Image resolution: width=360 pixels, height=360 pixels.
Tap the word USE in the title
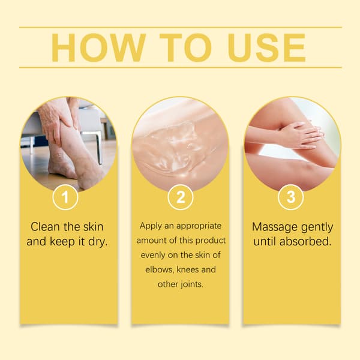[266, 47]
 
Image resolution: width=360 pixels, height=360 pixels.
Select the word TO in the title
[186, 47]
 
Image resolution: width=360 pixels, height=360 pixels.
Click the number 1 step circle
[65, 197]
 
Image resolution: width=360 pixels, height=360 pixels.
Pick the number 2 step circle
[180, 197]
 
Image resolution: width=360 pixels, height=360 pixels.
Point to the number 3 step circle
[290, 197]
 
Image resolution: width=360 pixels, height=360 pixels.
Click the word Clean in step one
[45, 227]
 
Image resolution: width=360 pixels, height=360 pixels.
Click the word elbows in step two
[159, 269]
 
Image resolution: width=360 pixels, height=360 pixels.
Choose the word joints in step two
[192, 284]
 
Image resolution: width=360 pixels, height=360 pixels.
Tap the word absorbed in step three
[305, 242]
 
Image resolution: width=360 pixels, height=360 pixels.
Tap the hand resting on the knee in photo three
[301, 136]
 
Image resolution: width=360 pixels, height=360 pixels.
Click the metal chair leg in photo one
[98, 147]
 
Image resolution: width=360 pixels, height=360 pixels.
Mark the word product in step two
[211, 241]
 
